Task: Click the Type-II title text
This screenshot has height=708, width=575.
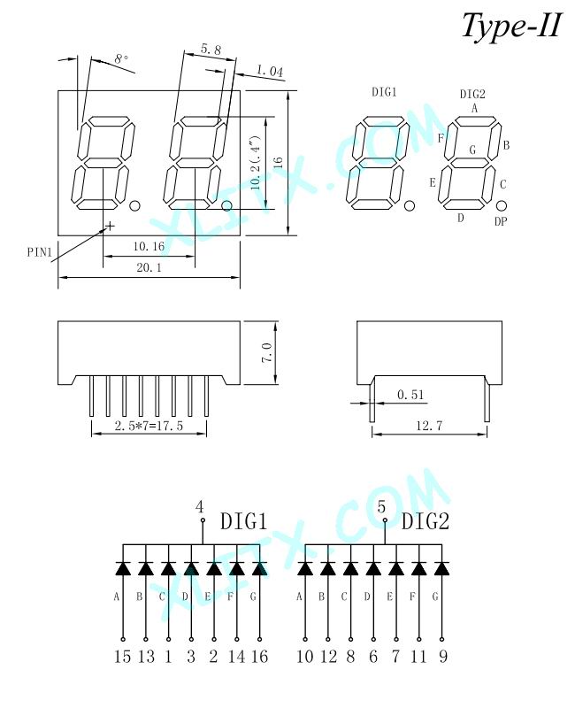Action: point(512,27)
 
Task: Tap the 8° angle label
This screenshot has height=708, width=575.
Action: point(121,58)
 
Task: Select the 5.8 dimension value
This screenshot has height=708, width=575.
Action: point(211,50)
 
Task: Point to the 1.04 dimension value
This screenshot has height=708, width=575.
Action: point(270,71)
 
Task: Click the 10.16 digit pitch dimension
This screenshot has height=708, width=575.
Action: point(149,246)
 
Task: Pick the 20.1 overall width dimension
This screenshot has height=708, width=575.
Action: point(149,267)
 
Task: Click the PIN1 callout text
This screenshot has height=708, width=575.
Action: point(40,252)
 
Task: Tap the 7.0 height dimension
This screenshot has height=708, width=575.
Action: point(267,353)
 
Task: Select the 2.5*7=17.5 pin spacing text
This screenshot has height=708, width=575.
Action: point(149,426)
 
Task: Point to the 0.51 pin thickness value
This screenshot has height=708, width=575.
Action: point(410,395)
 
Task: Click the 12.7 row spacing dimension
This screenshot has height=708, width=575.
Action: point(429,426)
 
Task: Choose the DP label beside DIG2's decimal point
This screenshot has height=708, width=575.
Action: point(501,221)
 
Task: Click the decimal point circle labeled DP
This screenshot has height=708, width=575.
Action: point(501,206)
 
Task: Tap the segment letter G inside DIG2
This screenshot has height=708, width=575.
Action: point(472,150)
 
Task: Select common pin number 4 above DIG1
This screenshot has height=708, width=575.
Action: point(200,507)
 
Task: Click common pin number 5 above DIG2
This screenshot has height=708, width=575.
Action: point(381,507)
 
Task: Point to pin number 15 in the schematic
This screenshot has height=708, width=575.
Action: point(122,656)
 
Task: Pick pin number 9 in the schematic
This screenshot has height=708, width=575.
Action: point(443,656)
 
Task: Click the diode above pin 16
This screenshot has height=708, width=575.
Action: point(259,568)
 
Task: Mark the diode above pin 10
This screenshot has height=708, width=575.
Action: point(305,568)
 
